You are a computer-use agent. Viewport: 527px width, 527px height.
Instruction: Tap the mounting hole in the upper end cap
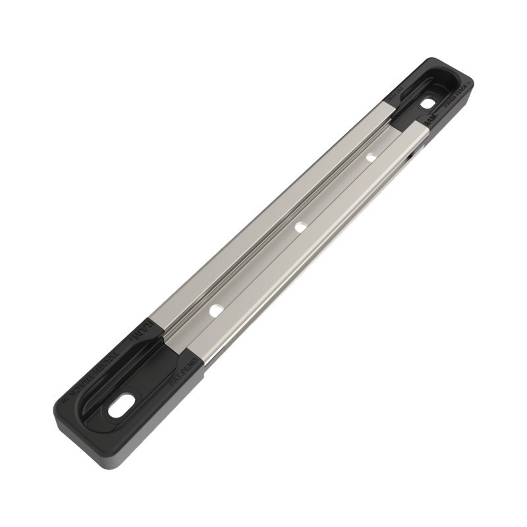point(428,104)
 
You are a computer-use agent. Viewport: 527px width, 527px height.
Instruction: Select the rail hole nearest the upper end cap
point(371,157)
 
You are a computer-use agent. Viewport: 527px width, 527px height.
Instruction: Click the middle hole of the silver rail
point(300,227)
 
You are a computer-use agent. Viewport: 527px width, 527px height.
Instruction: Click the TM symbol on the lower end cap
point(67,401)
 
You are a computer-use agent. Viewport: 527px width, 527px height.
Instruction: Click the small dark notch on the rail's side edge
point(410,157)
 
